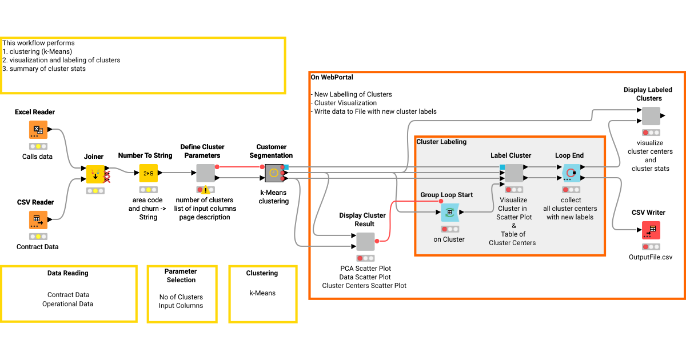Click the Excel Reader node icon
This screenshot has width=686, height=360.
click(38, 130)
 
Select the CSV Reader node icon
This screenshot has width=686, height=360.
click(38, 220)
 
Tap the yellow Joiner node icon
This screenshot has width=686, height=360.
click(95, 173)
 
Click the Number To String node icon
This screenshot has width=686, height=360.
click(148, 173)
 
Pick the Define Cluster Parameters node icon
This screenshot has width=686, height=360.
click(205, 173)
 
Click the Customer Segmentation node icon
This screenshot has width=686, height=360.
click(274, 173)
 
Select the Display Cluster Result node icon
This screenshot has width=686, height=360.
click(365, 241)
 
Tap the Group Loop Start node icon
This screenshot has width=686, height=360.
click(450, 213)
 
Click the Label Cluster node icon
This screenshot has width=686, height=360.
click(513, 173)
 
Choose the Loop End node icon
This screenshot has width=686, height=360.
click(571, 173)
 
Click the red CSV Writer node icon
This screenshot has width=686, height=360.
click(651, 230)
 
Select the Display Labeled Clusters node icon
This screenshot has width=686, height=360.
click(651, 116)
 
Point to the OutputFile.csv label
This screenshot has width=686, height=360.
click(651, 257)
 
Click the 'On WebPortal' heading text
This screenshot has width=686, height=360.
click(332, 77)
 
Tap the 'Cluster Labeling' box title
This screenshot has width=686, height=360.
click(441, 142)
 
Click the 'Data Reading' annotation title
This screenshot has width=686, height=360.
click(67, 273)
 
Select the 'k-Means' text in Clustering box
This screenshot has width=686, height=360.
click(262, 293)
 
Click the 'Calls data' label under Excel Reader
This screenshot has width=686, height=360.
click(37, 156)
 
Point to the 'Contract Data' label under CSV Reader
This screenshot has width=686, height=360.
click(37, 247)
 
